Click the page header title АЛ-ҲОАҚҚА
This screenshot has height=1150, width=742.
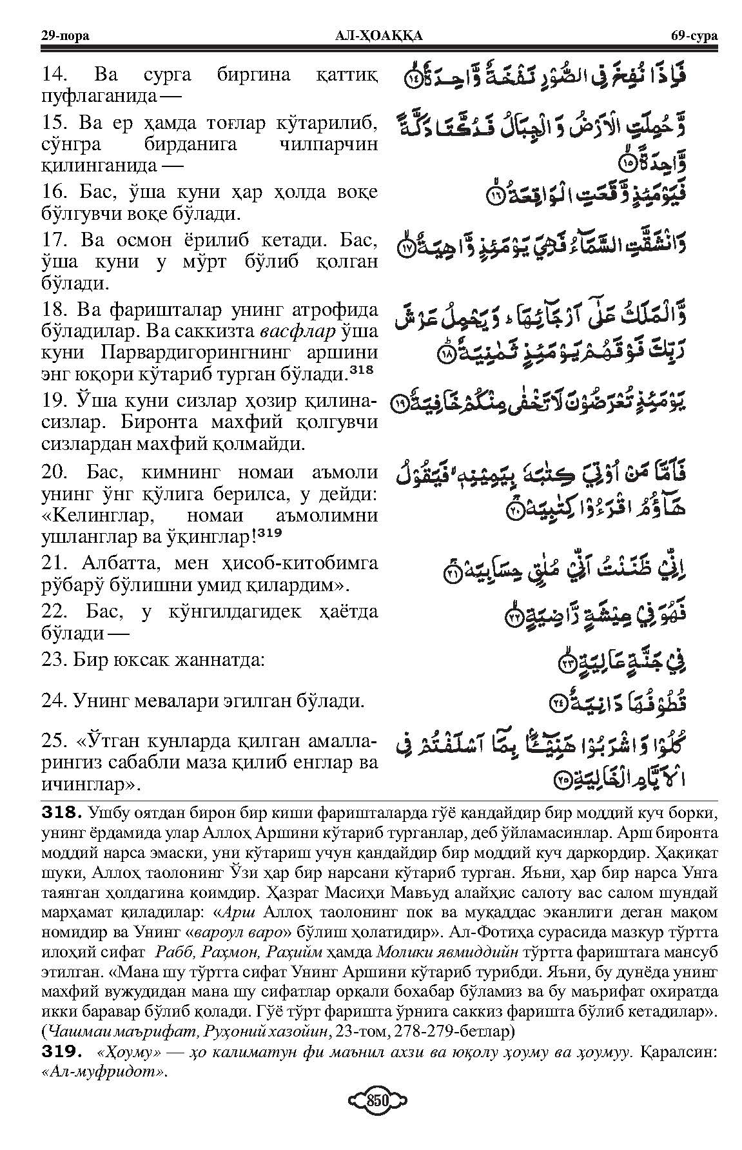[371, 35]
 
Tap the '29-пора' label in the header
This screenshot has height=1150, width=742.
[64, 35]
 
